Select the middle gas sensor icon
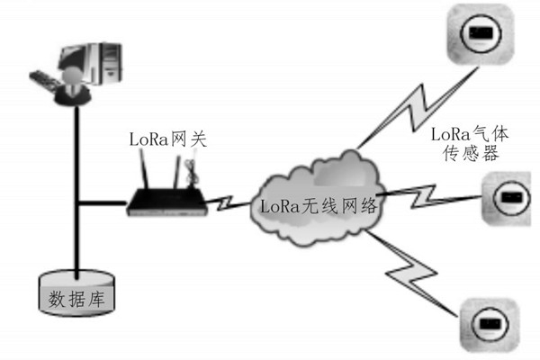point(508,194)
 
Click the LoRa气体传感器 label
point(470,144)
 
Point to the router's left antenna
point(142,171)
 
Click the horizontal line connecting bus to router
point(101,202)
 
